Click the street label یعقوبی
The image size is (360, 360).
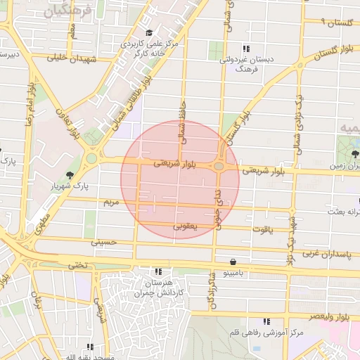pos(186,226)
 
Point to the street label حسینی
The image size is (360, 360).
pos(103,242)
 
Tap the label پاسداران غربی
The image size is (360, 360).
pos(331,251)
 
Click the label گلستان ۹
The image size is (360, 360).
pos(336,22)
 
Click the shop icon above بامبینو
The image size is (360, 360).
pos(233,262)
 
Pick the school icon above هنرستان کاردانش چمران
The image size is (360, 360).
pos(159,271)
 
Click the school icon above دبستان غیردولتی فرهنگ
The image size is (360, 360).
pos(245,49)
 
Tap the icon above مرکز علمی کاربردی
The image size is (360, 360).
pos(148,33)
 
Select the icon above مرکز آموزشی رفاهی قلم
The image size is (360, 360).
pos(266,321)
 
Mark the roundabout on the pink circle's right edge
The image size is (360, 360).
pos(219,167)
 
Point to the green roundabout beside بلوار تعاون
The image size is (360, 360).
pos(91,158)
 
